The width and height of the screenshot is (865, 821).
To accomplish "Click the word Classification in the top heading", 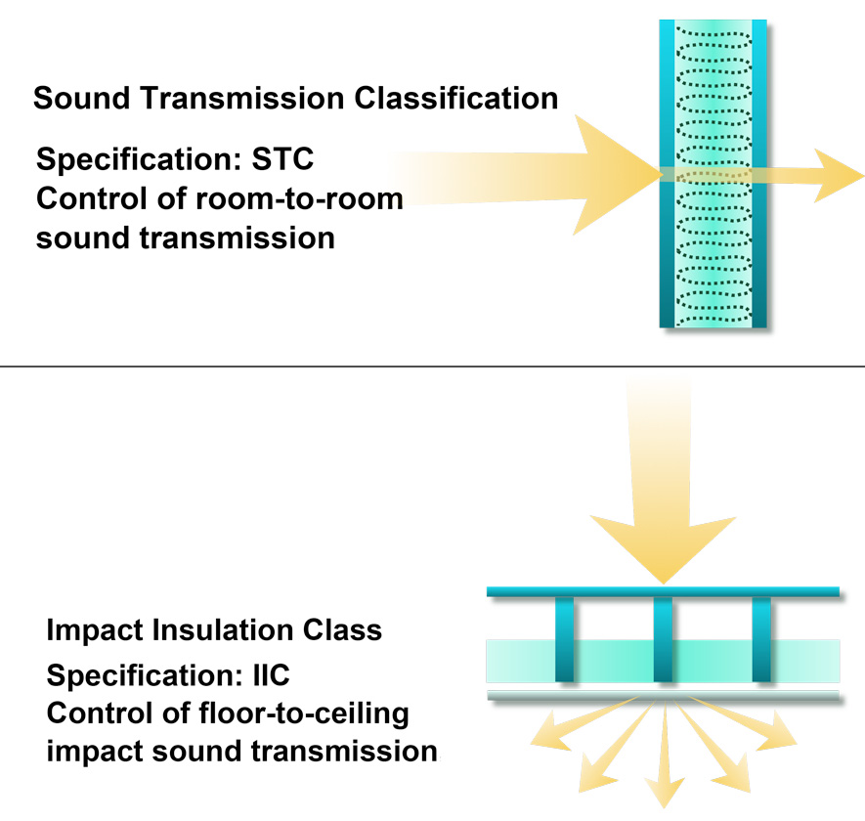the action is [455, 98].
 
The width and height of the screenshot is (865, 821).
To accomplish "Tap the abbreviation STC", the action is [282, 159].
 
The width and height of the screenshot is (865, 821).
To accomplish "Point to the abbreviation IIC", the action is [272, 674].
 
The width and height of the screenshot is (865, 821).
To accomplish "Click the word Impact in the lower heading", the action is [95, 630].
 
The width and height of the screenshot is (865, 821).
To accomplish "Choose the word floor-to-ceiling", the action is [303, 713].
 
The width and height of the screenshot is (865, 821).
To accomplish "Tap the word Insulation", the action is [223, 629].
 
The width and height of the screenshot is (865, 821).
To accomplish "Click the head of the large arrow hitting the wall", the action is [617, 175].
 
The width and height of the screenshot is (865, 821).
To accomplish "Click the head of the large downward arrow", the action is [664, 549].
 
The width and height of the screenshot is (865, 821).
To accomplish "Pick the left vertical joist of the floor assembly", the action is [564, 639].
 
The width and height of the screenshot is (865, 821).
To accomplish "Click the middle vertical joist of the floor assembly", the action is [663, 639].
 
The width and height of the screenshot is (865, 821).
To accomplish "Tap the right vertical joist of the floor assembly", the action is [761, 639].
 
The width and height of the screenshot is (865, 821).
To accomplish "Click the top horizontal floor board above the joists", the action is [663, 591].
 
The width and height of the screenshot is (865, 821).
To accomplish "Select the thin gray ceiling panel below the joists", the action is [663, 695].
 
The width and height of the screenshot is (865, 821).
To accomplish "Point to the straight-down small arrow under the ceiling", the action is [665, 755].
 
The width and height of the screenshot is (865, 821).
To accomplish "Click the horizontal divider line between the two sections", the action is [432, 366].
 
